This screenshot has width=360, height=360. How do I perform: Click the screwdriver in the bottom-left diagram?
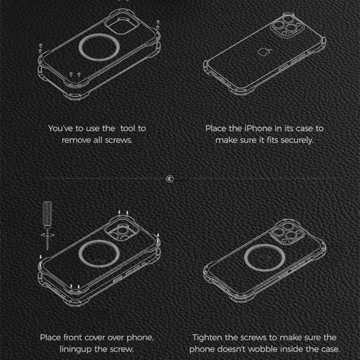point(47,225)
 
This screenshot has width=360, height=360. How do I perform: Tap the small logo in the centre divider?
point(170,179)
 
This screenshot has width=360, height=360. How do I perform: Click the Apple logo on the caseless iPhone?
point(264,51)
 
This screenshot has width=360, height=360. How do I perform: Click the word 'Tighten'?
point(208,338)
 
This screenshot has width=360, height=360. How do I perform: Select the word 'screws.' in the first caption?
point(119,140)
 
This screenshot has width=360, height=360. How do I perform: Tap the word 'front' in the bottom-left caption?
point(73,338)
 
